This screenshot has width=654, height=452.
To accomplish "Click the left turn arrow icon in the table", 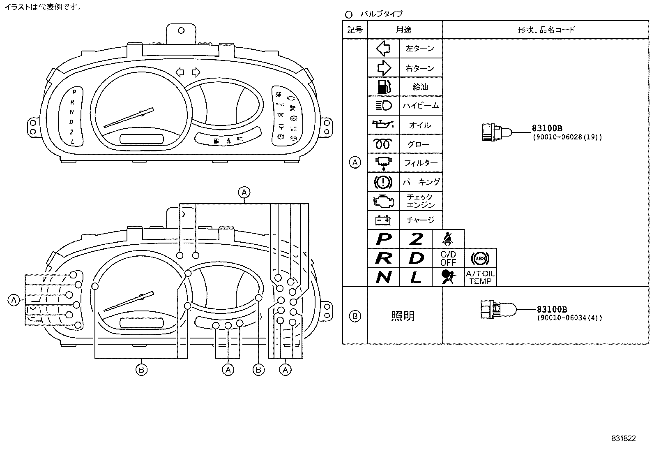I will tap(383, 49).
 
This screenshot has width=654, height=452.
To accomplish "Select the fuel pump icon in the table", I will tap(383, 87).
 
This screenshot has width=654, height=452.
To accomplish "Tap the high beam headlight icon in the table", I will tap(383, 106).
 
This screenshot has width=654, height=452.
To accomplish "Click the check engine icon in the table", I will tap(383, 201).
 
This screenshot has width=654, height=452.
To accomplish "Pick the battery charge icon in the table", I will tap(383, 220).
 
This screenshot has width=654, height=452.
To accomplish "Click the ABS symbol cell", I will tap(480, 258).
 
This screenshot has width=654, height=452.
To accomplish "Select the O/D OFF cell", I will tap(448, 258).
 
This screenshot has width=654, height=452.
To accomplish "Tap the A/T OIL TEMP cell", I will tap(480, 277).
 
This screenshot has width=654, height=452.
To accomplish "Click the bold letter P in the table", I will tap(383, 239).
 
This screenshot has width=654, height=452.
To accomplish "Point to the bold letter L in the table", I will tap(416, 278).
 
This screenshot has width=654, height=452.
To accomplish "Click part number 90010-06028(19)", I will tap(567, 137).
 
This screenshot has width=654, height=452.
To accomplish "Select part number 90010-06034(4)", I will tap(569, 318).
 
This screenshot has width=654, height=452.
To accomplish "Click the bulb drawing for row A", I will tap(495, 132).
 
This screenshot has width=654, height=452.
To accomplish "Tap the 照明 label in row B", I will tap(403, 316).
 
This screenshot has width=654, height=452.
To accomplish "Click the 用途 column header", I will tap(404, 30).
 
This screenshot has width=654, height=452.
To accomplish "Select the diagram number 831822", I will tap(623, 438).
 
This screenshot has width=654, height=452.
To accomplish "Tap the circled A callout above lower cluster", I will tap(244, 192).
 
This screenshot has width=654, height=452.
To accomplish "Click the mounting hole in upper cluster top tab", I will tap(181, 30).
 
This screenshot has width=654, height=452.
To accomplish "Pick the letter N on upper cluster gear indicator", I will tap(72, 112).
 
